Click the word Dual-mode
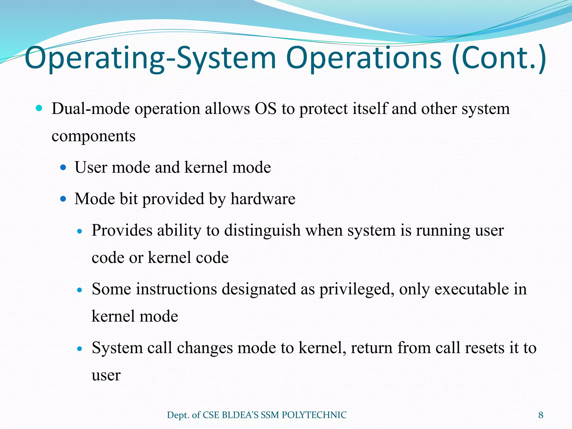pyautogui.click(x=91, y=109)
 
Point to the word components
pyautogui.click(x=94, y=136)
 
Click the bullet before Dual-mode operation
pyautogui.click(x=39, y=108)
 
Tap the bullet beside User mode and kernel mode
pyautogui.click(x=63, y=168)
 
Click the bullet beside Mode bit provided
pyautogui.click(x=63, y=199)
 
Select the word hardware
pyautogui.click(x=263, y=199)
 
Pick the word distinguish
pyautogui.click(x=262, y=231)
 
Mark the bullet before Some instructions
pyautogui.click(x=80, y=290)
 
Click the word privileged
pyautogui.click(x=357, y=289)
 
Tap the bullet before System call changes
pyautogui.click(x=80, y=349)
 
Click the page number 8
pyautogui.click(x=541, y=415)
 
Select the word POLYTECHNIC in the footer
pyautogui.click(x=314, y=415)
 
